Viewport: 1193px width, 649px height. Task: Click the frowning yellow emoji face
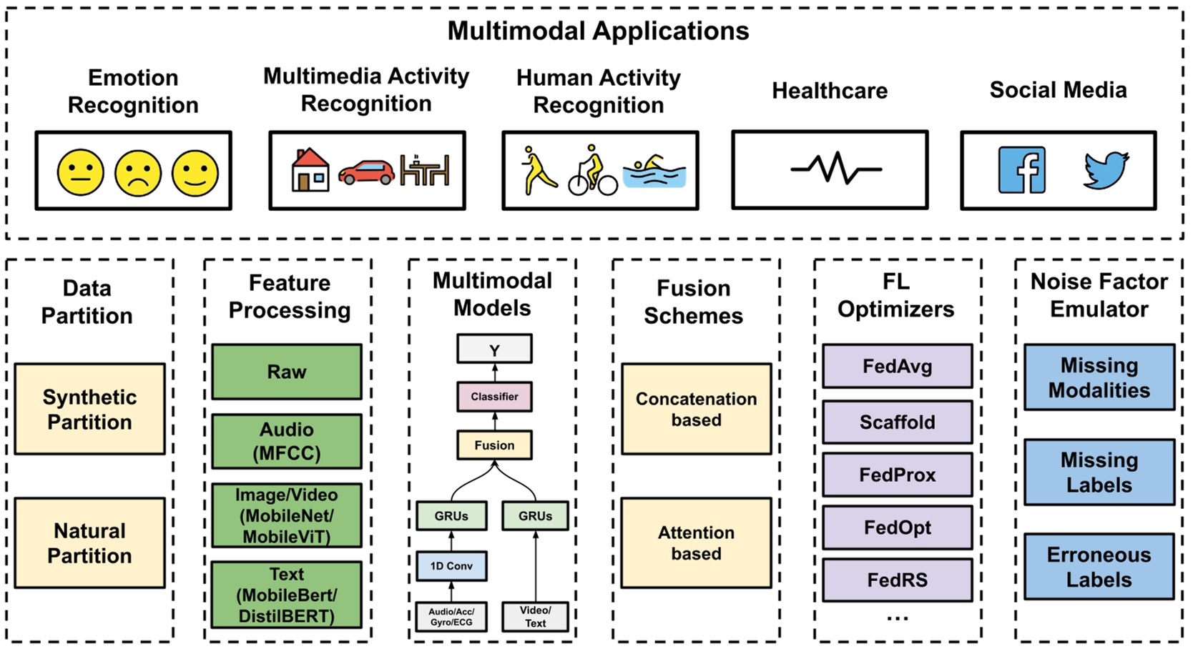pyautogui.click(x=138, y=172)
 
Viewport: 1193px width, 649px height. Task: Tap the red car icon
pyautogui.click(x=366, y=172)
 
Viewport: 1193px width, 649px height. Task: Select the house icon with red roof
pyautogui.click(x=310, y=170)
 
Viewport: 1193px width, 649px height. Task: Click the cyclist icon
pyautogui.click(x=593, y=172)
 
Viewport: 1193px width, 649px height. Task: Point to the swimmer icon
pyautogui.click(x=654, y=172)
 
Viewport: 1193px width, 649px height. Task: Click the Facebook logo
pyautogui.click(x=1022, y=170)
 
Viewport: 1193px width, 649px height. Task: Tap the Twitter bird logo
pyautogui.click(x=1106, y=170)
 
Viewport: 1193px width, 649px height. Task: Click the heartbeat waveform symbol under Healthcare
pyautogui.click(x=835, y=169)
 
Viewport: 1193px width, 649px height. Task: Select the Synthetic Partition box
pyautogui.click(x=89, y=409)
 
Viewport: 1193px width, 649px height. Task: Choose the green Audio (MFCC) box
pyautogui.click(x=287, y=441)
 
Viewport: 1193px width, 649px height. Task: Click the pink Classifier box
pyautogui.click(x=494, y=397)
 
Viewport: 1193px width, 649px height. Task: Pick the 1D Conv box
pyautogui.click(x=451, y=565)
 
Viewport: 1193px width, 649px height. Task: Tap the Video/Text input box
pyautogui.click(x=535, y=616)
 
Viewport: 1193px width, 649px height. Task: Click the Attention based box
pyautogui.click(x=696, y=543)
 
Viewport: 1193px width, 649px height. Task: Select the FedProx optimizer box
pyautogui.click(x=897, y=475)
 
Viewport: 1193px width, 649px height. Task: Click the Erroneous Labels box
pyautogui.click(x=1099, y=567)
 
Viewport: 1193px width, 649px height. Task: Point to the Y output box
pyautogui.click(x=494, y=350)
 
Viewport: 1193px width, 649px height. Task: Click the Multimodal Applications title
pyautogui.click(x=598, y=31)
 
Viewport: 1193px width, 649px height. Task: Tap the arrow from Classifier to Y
pyautogui.click(x=494, y=372)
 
